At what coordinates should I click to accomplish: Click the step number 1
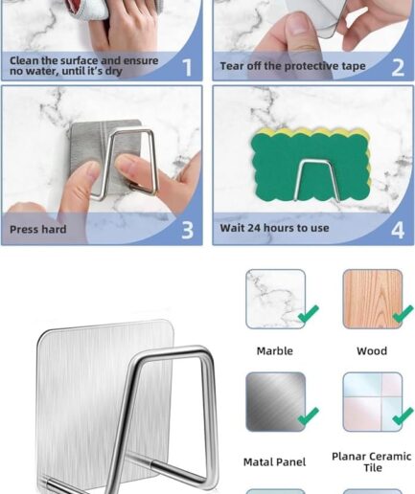(187, 68)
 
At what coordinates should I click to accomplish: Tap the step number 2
(398, 68)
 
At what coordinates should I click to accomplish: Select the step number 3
(188, 230)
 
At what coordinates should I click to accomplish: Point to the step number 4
(398, 230)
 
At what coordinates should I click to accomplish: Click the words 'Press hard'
(38, 230)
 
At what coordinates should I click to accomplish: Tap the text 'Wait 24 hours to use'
(274, 228)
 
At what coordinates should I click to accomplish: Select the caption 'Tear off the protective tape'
(292, 66)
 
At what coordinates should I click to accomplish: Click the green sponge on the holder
(311, 167)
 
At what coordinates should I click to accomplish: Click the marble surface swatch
(276, 299)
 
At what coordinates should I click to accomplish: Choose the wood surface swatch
(373, 299)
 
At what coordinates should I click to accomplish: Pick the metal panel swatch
(276, 402)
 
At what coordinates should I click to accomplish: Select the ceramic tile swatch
(373, 402)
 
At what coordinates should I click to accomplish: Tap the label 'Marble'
(275, 351)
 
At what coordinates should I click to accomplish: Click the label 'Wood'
(372, 351)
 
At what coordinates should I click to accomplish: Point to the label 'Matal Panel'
(275, 462)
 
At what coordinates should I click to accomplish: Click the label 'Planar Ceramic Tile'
(372, 462)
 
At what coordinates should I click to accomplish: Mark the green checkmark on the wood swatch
(403, 314)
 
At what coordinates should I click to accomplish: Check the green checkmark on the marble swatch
(308, 314)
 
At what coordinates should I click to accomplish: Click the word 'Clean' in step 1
(23, 60)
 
